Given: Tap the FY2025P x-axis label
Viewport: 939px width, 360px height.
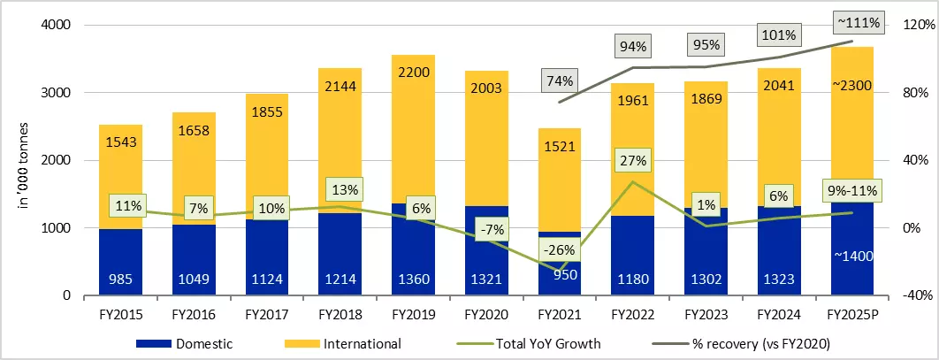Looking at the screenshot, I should coord(852,313).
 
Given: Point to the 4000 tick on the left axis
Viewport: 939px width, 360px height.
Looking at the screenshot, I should coord(57,26).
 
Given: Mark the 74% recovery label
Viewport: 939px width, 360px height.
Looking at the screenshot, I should coord(560,81).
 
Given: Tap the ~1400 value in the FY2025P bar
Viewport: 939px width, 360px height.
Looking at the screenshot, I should coord(852,256).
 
